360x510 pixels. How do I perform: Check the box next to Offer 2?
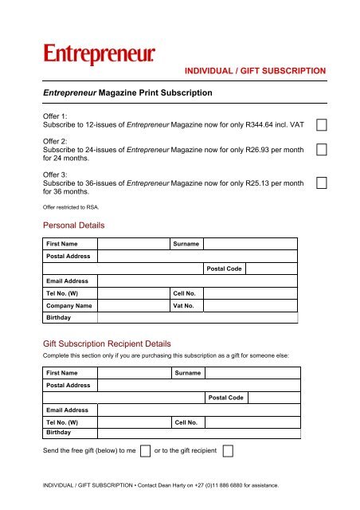(x=323, y=150)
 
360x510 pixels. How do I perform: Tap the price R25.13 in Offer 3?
(x=252, y=182)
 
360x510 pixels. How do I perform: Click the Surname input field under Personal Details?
(x=251, y=243)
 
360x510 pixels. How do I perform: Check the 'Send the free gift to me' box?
(x=145, y=451)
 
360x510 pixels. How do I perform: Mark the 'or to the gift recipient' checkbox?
(x=228, y=451)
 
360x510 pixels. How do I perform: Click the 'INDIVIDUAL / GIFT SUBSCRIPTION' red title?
(x=255, y=71)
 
